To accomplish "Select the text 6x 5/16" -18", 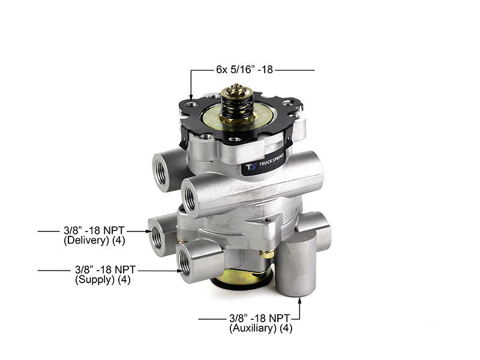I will (245, 70).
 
